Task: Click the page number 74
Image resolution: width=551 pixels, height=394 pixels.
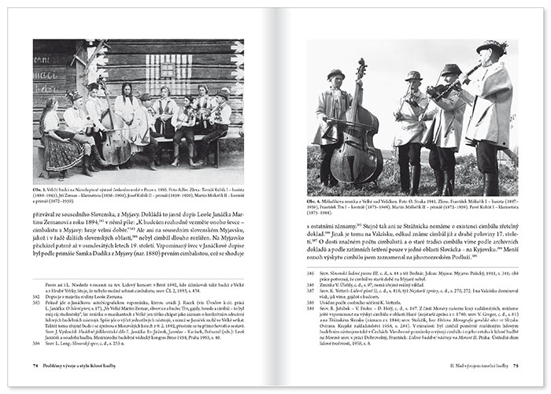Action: tap(36, 365)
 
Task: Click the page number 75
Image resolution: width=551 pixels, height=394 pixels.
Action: tap(516, 365)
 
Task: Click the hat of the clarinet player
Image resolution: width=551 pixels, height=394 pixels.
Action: tap(495, 47)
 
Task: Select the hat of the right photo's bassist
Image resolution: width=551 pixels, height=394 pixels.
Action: tap(337, 74)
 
